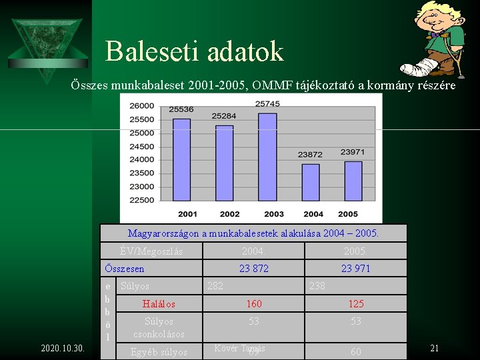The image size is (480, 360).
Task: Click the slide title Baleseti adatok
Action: coord(194,51)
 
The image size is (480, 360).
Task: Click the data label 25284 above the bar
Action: coord(224,116)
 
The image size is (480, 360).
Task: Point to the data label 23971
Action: coord(353,152)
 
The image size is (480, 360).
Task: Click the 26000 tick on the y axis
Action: coord(141,106)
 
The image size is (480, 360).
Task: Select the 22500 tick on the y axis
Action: coord(141,200)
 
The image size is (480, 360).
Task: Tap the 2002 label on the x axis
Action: coord(229,214)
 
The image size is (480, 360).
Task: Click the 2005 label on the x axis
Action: coord(347,214)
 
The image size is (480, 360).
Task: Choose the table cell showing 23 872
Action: coord(253,268)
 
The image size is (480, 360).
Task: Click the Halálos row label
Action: coord(159,304)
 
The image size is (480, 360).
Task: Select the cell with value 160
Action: coord(253,304)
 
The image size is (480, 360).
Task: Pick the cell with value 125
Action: coord(356,304)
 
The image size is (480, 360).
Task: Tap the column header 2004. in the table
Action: coord(253,251)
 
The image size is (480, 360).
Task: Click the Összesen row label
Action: coord(124,268)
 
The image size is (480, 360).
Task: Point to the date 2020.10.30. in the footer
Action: coord(62,348)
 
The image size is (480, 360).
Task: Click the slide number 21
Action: coord(434,348)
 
